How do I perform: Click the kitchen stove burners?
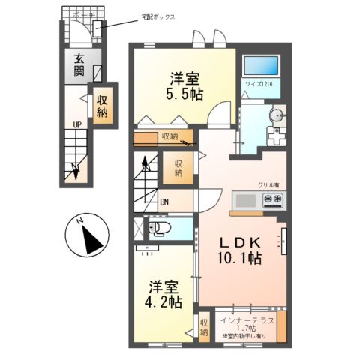(274, 200)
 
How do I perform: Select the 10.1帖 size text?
(238, 258)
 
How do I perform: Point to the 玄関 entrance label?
(79, 66)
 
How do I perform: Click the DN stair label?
(164, 201)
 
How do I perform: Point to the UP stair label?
(76, 124)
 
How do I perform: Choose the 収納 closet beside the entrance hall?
(101, 106)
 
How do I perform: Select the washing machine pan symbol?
(276, 137)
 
